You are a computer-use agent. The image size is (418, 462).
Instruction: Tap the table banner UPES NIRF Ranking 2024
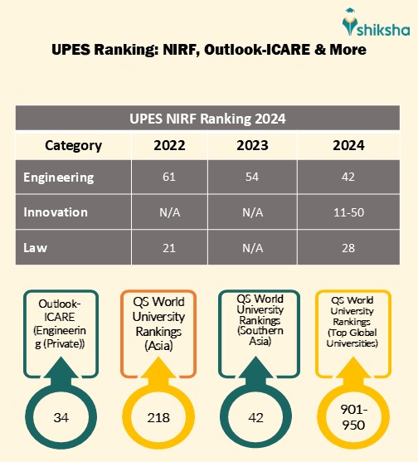tap(208, 118)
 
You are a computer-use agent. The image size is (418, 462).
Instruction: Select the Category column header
tap(73, 145)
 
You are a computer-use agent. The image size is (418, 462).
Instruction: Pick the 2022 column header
tap(169, 145)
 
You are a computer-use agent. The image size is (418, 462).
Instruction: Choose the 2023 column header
tap(252, 145)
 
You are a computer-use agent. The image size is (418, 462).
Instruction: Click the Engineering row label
tap(59, 178)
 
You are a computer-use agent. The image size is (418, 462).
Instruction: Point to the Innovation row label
tap(56, 212)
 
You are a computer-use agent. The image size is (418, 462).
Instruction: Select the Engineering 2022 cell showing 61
tap(169, 178)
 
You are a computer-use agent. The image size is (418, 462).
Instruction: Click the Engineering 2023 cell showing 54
tap(252, 178)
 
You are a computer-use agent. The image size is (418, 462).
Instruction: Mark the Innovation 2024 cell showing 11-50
tap(348, 212)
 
